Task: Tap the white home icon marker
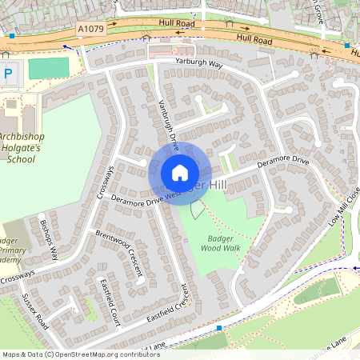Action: point(180,173)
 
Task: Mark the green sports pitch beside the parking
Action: point(48,69)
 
